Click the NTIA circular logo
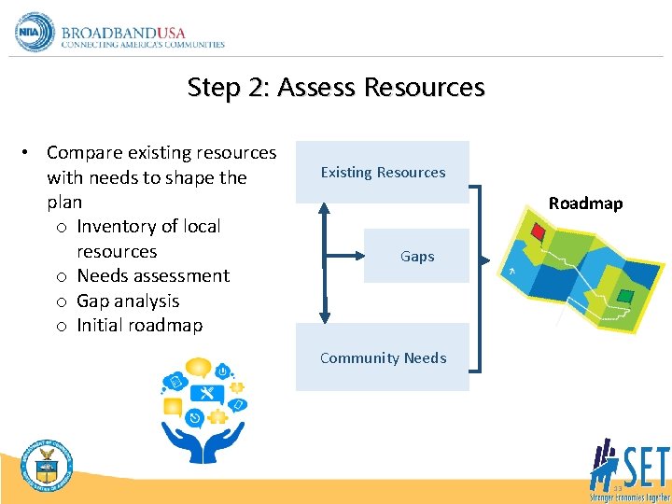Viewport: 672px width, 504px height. click(x=34, y=32)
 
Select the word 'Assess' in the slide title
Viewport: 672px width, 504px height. click(x=317, y=88)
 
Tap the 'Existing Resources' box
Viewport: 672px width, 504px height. click(x=383, y=172)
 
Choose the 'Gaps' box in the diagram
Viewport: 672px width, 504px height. click(x=416, y=256)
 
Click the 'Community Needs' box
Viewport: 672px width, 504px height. click(x=383, y=357)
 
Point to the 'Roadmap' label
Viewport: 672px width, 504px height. click(x=585, y=203)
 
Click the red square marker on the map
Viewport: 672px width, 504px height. click(x=538, y=231)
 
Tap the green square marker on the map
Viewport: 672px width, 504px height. click(x=625, y=296)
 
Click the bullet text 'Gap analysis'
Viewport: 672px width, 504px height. click(x=128, y=301)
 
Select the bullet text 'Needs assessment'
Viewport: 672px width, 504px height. click(x=153, y=275)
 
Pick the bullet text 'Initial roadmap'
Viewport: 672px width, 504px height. click(x=139, y=325)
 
